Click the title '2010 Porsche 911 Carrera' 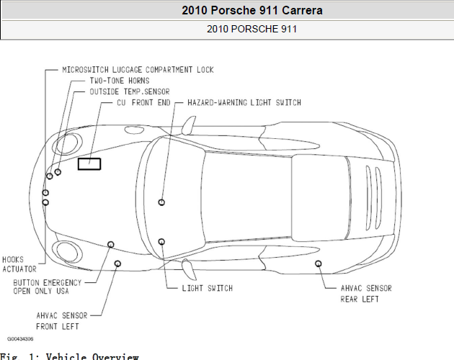click(252, 10)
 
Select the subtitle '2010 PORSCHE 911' click(252, 29)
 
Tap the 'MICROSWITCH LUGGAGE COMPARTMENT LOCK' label click(138, 70)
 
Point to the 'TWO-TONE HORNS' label click(120, 81)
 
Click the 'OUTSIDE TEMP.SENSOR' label click(130, 91)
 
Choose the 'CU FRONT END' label click(143, 103)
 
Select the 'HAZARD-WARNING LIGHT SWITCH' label click(244, 103)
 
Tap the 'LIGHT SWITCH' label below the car click(208, 288)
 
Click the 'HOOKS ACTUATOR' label click(19, 264)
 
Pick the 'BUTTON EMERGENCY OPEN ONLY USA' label click(47, 287)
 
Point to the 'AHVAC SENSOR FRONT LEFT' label click(62, 321)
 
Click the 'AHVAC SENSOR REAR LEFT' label click(366, 294)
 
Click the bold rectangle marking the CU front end click(89, 158)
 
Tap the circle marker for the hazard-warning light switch click(161, 202)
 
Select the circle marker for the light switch click(161, 242)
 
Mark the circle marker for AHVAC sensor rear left click(319, 264)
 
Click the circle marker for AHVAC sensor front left click(117, 264)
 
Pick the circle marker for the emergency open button click(110, 245)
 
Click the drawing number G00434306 click(20, 339)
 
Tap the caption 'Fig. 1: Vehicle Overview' click(69, 356)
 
